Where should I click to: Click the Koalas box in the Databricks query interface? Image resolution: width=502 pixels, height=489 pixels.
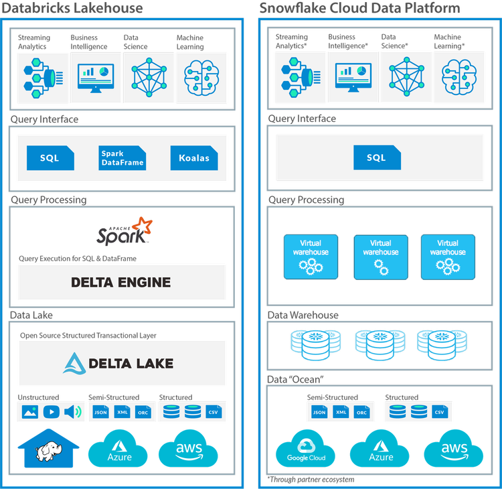194,158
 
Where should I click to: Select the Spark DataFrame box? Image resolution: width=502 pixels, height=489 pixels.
122,158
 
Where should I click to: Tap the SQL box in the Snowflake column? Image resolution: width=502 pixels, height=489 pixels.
376,157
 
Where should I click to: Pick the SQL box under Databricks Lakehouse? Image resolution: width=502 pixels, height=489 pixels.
50,158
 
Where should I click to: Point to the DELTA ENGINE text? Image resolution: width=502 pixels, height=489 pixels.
121,282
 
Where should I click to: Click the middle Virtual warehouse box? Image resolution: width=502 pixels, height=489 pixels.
381,256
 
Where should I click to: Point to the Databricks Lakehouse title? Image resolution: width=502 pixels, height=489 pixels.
72,8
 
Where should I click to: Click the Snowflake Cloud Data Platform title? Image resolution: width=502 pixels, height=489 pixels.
359,8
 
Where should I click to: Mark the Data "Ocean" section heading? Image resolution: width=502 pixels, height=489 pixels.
297,379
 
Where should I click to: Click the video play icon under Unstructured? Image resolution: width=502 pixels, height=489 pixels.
52,412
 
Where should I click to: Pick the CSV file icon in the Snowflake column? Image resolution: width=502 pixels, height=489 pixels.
440,412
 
